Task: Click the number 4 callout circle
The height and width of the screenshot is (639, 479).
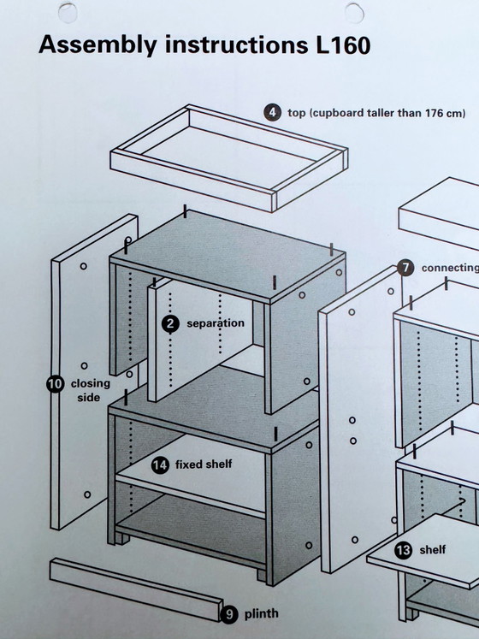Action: (x=272, y=112)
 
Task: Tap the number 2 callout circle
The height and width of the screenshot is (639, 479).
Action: (x=170, y=323)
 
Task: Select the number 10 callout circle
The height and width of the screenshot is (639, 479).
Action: (x=55, y=384)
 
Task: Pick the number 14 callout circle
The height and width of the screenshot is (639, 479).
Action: (x=160, y=465)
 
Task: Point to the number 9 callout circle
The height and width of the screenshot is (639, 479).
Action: (x=229, y=614)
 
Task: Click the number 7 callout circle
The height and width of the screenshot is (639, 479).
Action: (x=405, y=268)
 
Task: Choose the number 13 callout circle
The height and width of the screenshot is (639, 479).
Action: (x=403, y=550)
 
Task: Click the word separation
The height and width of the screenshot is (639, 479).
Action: (x=216, y=323)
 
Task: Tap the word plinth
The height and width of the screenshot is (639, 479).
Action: (x=261, y=613)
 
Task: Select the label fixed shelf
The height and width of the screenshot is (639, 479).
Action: (x=204, y=464)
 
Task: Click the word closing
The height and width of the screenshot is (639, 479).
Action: (x=91, y=384)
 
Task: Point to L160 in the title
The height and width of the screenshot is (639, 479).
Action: (x=343, y=44)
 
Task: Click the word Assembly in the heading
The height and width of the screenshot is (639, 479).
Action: (x=98, y=45)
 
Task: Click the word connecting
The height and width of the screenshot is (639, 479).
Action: (x=450, y=268)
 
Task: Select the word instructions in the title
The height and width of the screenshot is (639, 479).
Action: (x=236, y=44)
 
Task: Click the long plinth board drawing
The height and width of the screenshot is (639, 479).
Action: (x=136, y=589)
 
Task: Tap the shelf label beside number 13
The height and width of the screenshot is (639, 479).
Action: (x=433, y=550)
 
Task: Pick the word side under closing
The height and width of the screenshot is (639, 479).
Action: (x=88, y=397)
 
